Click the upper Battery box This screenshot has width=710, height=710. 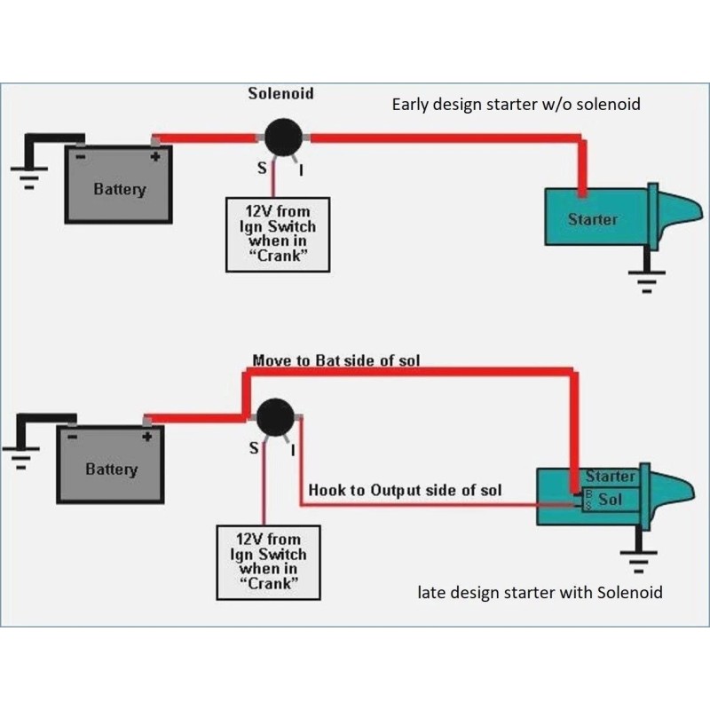[119, 185]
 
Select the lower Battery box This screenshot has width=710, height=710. [111, 465]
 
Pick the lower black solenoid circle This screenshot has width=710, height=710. [275, 417]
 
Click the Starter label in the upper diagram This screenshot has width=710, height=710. [593, 218]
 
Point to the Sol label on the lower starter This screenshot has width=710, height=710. [611, 499]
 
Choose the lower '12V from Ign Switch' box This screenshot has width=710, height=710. [268, 561]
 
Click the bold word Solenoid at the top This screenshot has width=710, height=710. [280, 92]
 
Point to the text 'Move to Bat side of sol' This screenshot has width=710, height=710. [336, 360]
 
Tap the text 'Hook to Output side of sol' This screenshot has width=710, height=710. [405, 490]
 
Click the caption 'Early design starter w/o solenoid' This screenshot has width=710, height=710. [516, 105]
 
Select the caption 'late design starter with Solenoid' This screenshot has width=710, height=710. [540, 592]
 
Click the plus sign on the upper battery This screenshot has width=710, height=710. [155, 157]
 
